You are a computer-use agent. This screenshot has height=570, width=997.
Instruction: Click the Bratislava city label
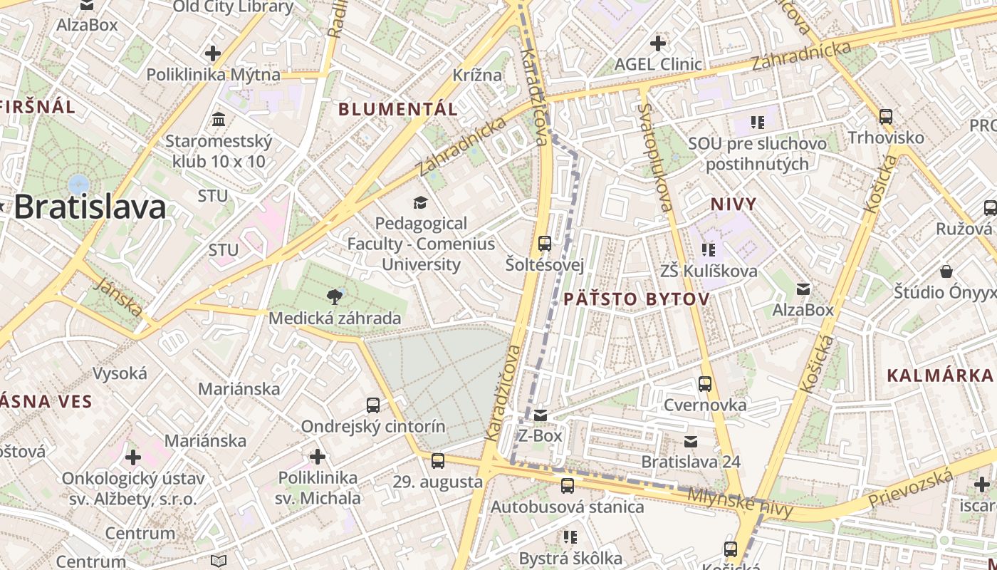pyautogui.click(x=90, y=207)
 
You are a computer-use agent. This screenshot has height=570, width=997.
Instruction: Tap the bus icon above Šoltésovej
pyautogui.click(x=545, y=243)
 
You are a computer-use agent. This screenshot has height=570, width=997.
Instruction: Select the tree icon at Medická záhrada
pyautogui.click(x=334, y=296)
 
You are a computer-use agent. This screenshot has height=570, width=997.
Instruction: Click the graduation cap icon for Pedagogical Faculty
pyautogui.click(x=420, y=202)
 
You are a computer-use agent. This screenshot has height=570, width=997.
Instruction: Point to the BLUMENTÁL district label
pyautogui.click(x=398, y=109)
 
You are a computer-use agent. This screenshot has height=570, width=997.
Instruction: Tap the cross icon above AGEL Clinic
pyautogui.click(x=658, y=43)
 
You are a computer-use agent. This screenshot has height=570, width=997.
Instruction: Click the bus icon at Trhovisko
pyautogui.click(x=886, y=116)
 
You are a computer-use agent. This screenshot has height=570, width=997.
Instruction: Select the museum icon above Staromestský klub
pyautogui.click(x=219, y=118)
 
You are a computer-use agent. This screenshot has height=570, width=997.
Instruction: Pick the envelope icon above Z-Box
pyautogui.click(x=541, y=415)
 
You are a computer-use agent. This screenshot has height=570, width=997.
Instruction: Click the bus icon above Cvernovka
pyautogui.click(x=705, y=384)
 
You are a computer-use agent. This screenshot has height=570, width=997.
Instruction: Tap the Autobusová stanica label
pyautogui.click(x=567, y=507)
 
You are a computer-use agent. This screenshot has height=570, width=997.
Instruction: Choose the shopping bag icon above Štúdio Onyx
pyautogui.click(x=946, y=271)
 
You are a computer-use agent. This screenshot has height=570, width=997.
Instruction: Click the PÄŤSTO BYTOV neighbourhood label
pyautogui.click(x=637, y=299)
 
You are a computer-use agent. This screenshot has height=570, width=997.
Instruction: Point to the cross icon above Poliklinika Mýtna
pyautogui.click(x=212, y=53)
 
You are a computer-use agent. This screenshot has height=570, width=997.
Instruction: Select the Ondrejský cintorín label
pyautogui.click(x=373, y=427)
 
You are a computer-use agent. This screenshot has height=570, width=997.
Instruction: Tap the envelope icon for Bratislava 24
pyautogui.click(x=691, y=442)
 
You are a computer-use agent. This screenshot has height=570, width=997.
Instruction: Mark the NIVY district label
pyautogui.click(x=733, y=204)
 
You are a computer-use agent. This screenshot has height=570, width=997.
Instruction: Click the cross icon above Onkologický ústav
pyautogui.click(x=133, y=457)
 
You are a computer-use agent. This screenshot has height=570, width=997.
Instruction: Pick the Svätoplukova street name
pyautogui.click(x=655, y=157)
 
